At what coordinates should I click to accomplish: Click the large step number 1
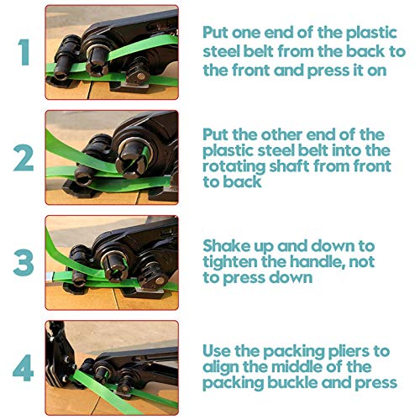24,52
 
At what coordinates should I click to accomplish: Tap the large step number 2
24,157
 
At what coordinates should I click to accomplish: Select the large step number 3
24,262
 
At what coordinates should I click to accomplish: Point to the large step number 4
24,368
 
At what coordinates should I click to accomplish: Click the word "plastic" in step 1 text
371,34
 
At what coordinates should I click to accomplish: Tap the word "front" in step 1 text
250,70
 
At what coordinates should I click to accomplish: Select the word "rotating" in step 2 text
234,167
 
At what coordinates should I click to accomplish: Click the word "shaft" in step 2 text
289,165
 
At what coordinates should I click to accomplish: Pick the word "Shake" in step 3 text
227,246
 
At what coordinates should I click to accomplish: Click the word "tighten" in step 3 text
230,262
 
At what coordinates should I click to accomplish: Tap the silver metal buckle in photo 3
50,276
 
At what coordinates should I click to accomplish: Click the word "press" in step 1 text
328,71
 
